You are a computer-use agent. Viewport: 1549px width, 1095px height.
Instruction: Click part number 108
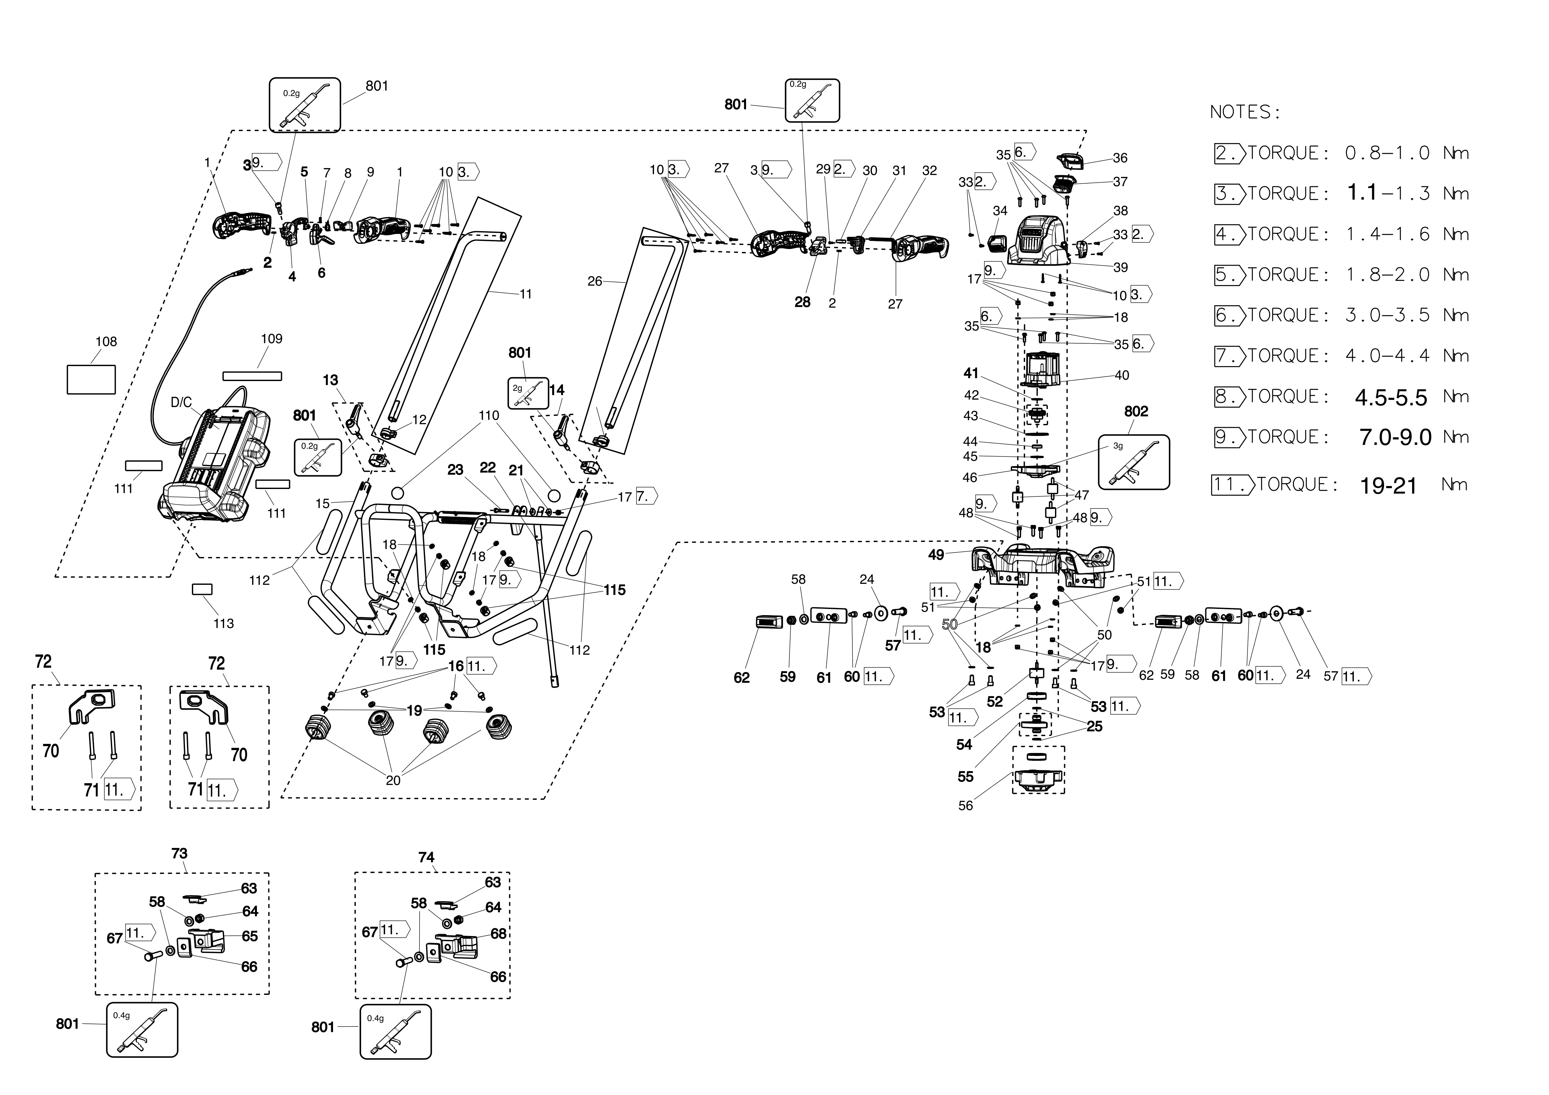pos(106,342)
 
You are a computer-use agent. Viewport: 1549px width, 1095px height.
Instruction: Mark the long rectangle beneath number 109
pos(252,376)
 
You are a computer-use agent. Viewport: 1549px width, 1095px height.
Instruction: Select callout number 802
pos(1136,411)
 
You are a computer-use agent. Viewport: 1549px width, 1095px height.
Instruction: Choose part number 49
pos(936,555)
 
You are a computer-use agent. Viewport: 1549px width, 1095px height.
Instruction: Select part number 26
pos(594,281)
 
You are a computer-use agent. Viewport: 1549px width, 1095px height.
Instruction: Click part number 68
pos(499,934)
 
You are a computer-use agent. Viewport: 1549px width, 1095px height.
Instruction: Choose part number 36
pos(1120,158)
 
